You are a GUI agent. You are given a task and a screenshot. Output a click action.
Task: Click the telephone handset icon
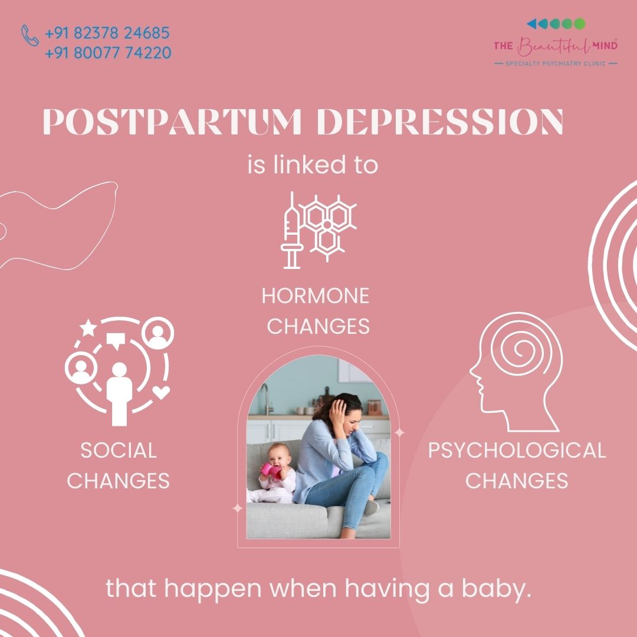click(x=30, y=35)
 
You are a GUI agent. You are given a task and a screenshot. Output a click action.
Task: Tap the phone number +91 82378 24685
click(x=107, y=33)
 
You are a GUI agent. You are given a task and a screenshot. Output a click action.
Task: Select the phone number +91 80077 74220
click(x=108, y=53)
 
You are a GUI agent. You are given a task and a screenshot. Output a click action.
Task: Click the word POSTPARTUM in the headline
click(x=172, y=122)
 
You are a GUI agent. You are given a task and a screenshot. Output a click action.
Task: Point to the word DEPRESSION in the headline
click(x=441, y=122)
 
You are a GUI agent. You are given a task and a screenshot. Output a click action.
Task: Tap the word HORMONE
click(x=316, y=295)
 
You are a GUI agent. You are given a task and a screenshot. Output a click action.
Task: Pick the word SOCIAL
click(x=119, y=451)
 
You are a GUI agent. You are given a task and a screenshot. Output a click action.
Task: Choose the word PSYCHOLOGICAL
click(x=517, y=451)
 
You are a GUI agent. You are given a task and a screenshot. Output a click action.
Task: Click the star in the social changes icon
click(x=88, y=328)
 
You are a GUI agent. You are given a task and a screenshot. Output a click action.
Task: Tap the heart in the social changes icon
click(x=161, y=392)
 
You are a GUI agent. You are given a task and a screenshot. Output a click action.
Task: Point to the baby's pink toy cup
click(x=271, y=471)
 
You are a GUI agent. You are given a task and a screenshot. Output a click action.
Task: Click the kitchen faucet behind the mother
click(x=265, y=399)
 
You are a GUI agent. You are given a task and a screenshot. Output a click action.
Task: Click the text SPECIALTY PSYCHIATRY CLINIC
click(x=556, y=63)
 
